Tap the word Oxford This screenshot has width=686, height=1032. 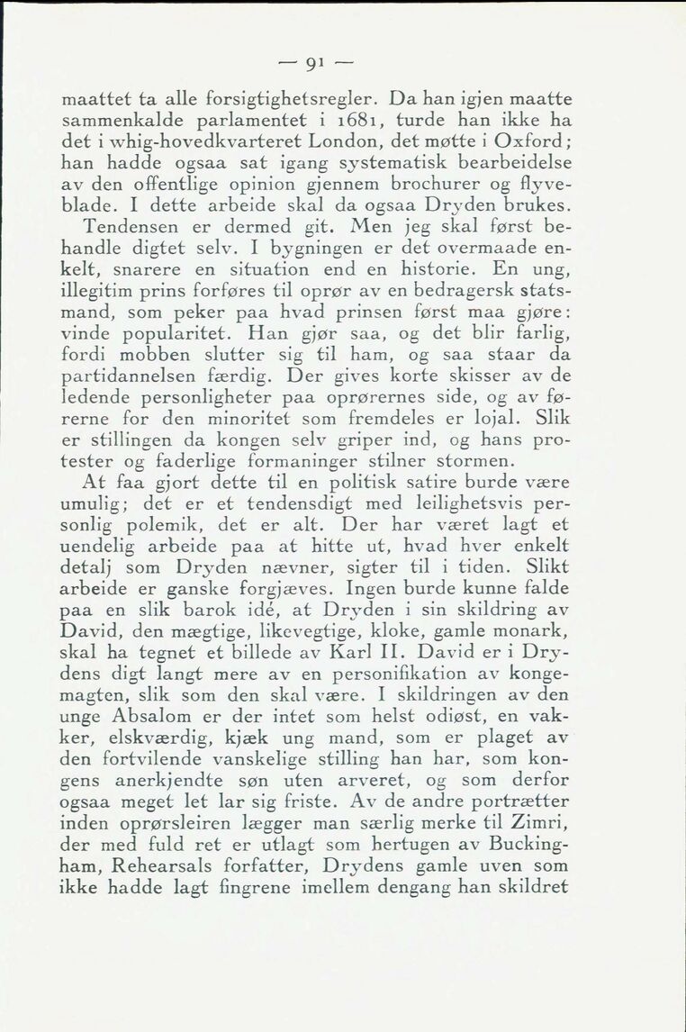(x=538, y=142)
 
